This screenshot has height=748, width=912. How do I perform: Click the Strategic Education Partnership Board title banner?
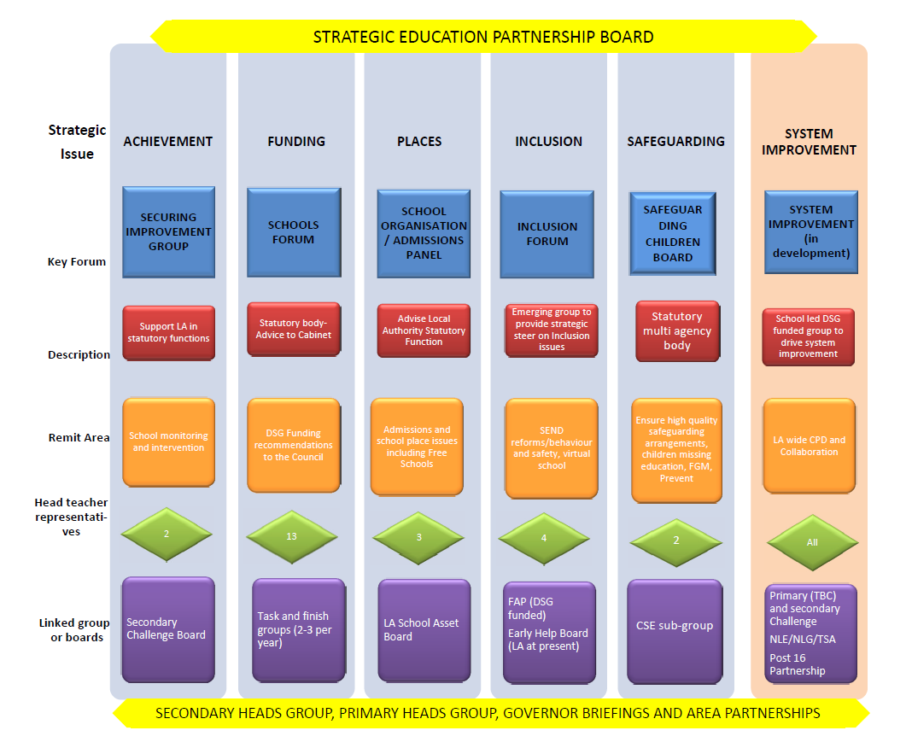[x=483, y=37]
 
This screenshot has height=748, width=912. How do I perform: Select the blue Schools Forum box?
[x=294, y=232]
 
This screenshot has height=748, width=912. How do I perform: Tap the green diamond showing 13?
[x=291, y=536]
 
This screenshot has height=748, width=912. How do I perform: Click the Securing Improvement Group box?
[x=169, y=232]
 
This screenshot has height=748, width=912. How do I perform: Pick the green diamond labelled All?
[x=812, y=542]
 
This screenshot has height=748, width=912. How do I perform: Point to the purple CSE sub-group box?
[x=675, y=632]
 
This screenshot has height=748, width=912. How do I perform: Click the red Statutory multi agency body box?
[x=678, y=331]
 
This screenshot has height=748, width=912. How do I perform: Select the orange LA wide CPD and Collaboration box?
[x=809, y=446]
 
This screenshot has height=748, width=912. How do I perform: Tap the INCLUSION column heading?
[x=548, y=142]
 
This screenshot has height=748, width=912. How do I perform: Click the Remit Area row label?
[x=79, y=437]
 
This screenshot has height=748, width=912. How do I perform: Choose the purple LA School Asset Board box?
[x=424, y=630]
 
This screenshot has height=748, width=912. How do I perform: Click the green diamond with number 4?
[x=544, y=538]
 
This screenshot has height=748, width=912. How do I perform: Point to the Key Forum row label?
[x=77, y=262]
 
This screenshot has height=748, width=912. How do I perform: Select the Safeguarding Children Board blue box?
[x=673, y=233]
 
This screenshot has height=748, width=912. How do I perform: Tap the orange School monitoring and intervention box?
[x=169, y=442]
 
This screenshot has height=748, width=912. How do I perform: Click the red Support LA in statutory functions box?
[x=169, y=333]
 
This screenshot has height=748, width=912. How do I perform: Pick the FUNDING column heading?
[x=296, y=142]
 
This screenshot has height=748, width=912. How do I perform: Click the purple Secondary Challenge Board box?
[x=168, y=629]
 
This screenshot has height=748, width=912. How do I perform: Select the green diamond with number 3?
[x=418, y=537]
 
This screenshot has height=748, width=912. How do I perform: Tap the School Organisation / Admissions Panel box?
[x=424, y=233]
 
